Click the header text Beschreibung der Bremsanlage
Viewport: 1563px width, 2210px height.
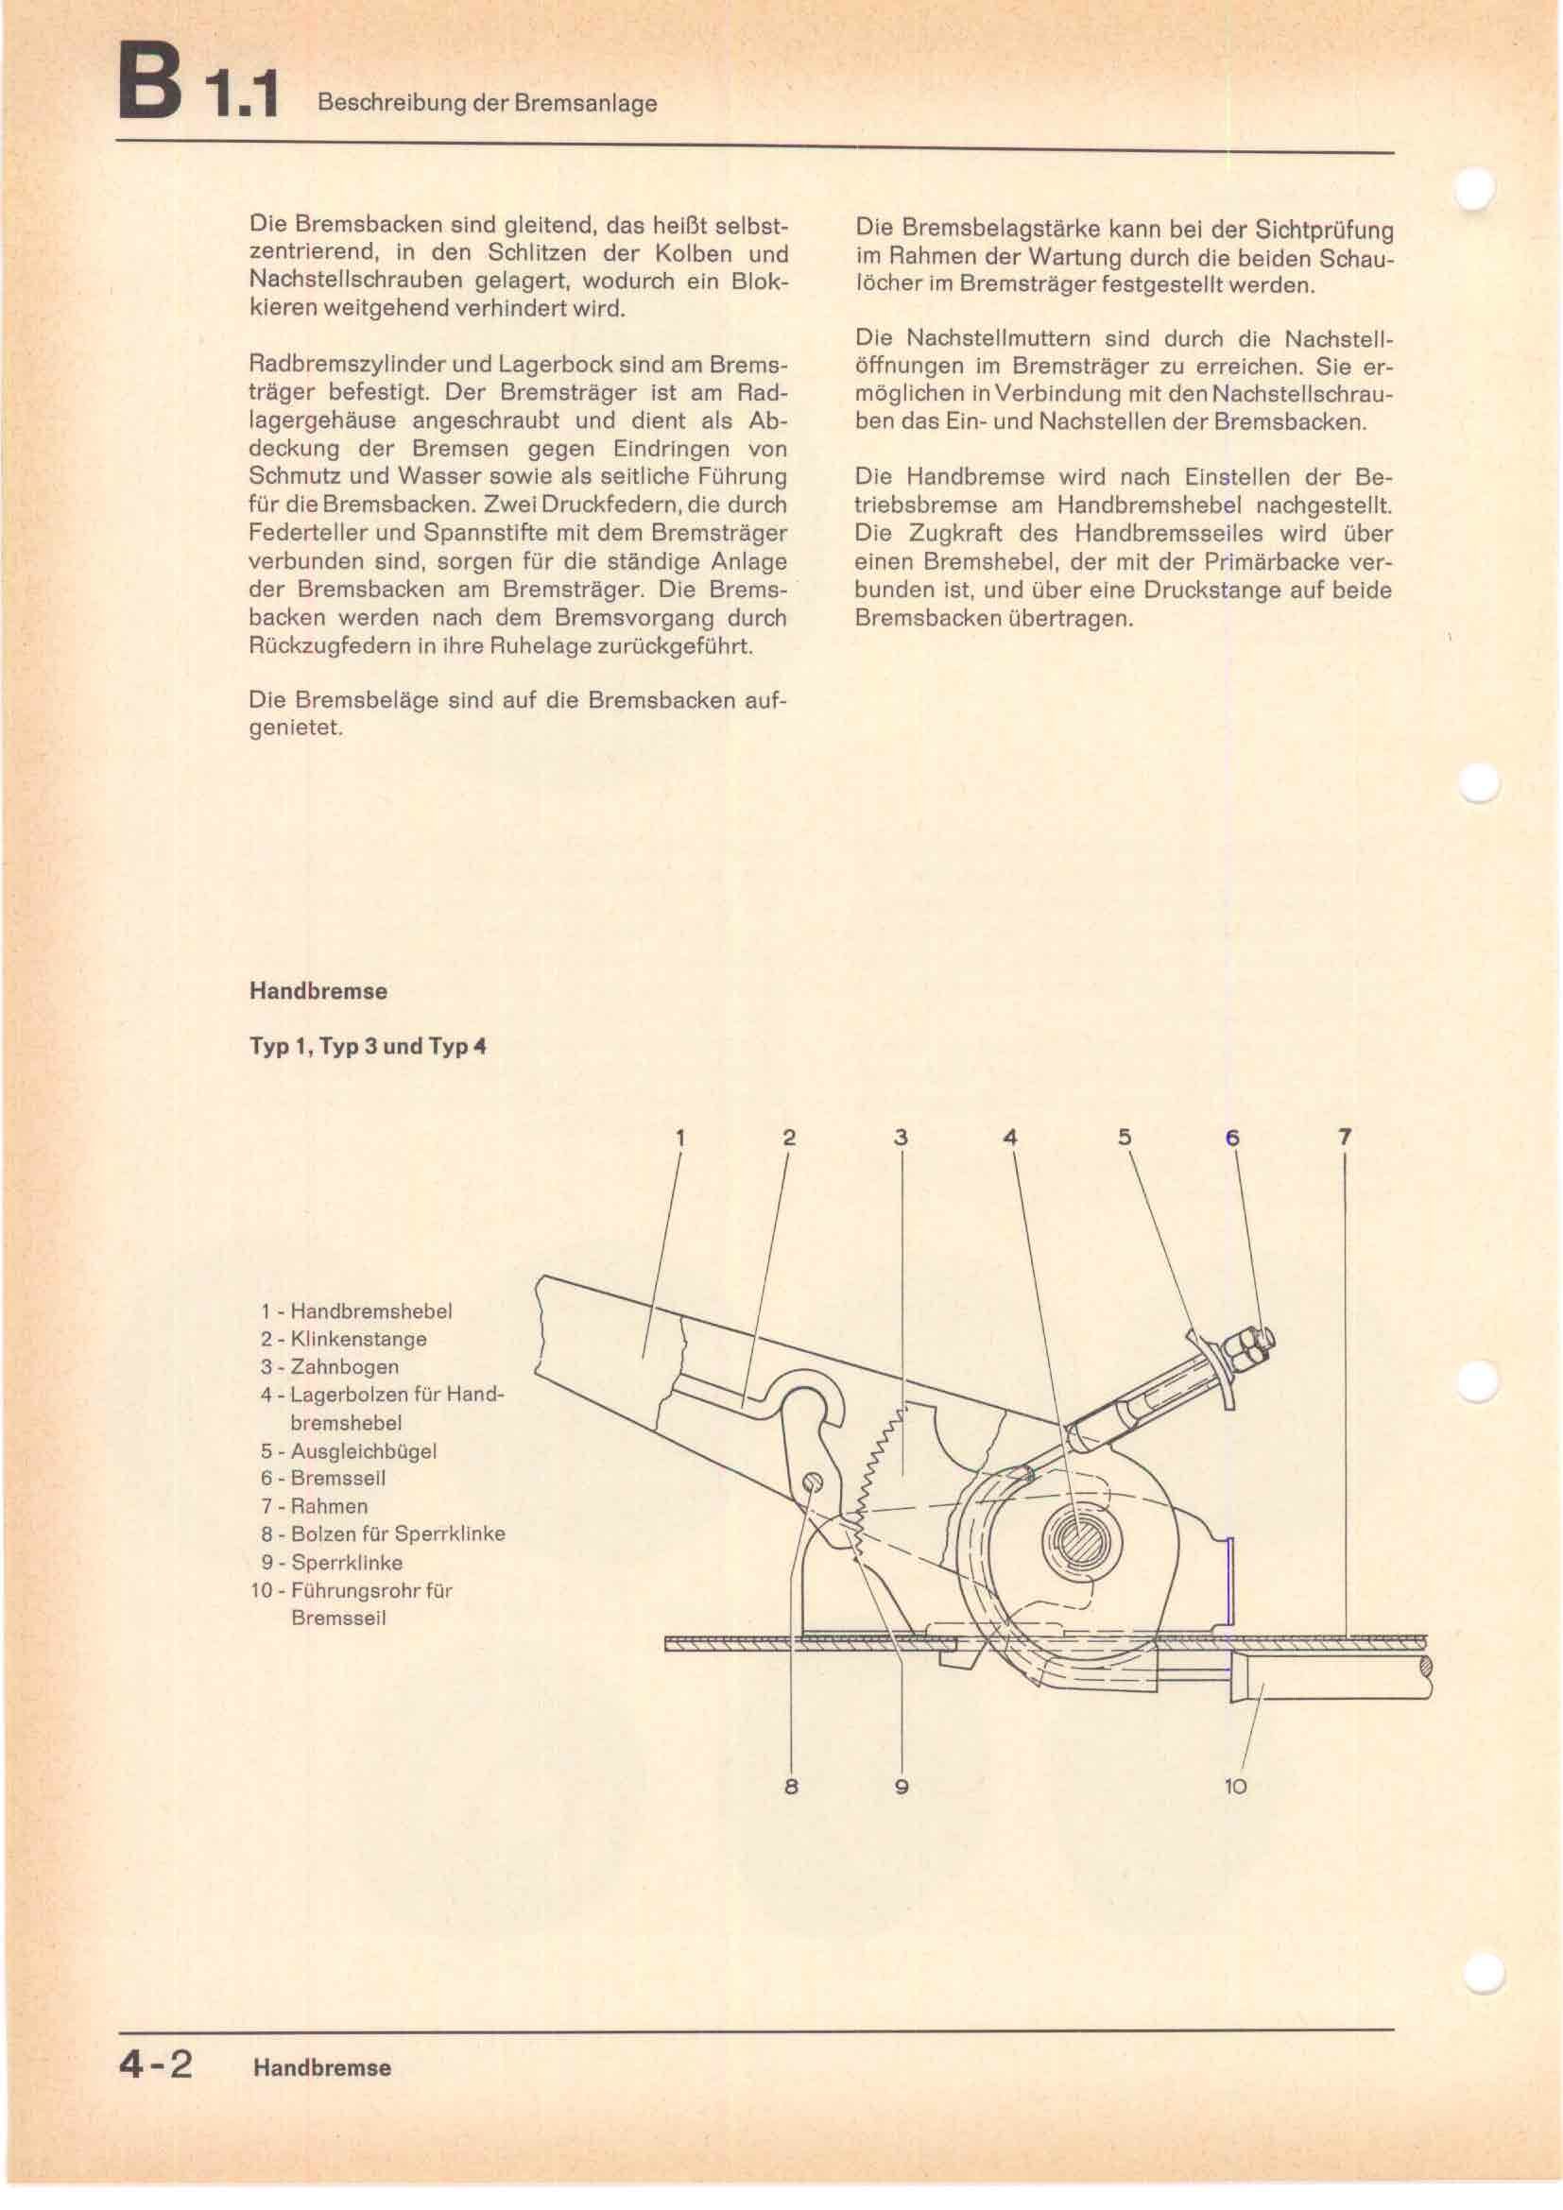coord(487,104)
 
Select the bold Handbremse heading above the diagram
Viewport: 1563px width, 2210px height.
coord(318,991)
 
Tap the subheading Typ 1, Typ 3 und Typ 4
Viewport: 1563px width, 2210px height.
coord(367,1046)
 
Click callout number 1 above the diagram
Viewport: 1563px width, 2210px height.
coord(679,1137)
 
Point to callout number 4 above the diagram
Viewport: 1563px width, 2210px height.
coord(1009,1137)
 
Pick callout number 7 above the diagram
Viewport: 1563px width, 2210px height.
coord(1345,1137)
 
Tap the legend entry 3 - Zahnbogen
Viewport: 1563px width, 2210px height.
coord(329,1367)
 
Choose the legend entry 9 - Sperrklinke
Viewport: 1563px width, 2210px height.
coord(331,1562)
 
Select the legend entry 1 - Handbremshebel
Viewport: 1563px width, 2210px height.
coord(356,1311)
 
